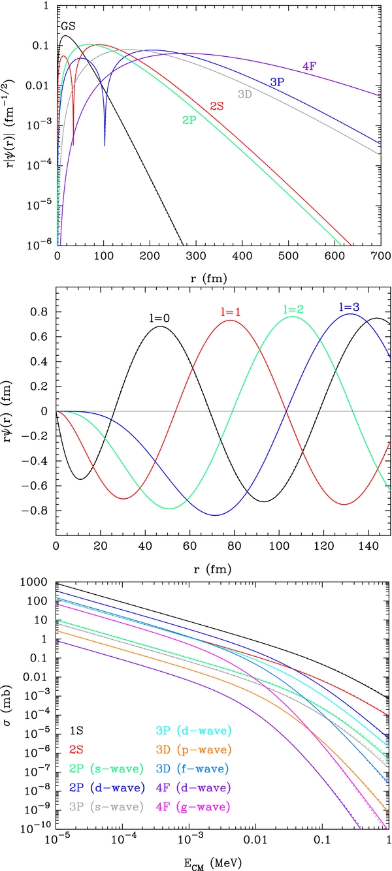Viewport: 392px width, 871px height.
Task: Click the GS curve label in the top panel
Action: pyautogui.click(x=69, y=27)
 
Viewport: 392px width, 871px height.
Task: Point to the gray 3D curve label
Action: pyautogui.click(x=246, y=94)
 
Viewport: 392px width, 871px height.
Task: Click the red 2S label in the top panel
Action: pyautogui.click(x=217, y=106)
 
